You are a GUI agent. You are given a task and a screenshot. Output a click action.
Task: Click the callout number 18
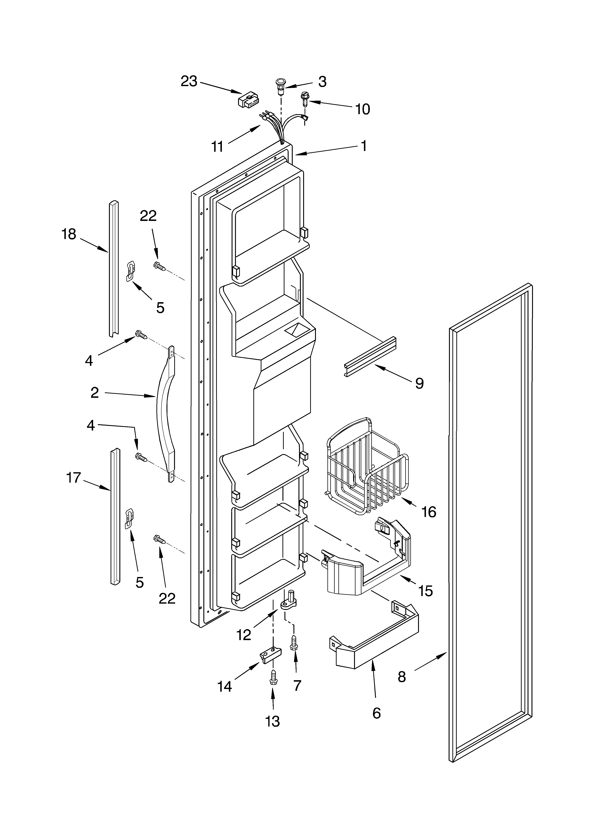[x=69, y=234]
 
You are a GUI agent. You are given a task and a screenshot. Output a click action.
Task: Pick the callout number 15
[x=426, y=591]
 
